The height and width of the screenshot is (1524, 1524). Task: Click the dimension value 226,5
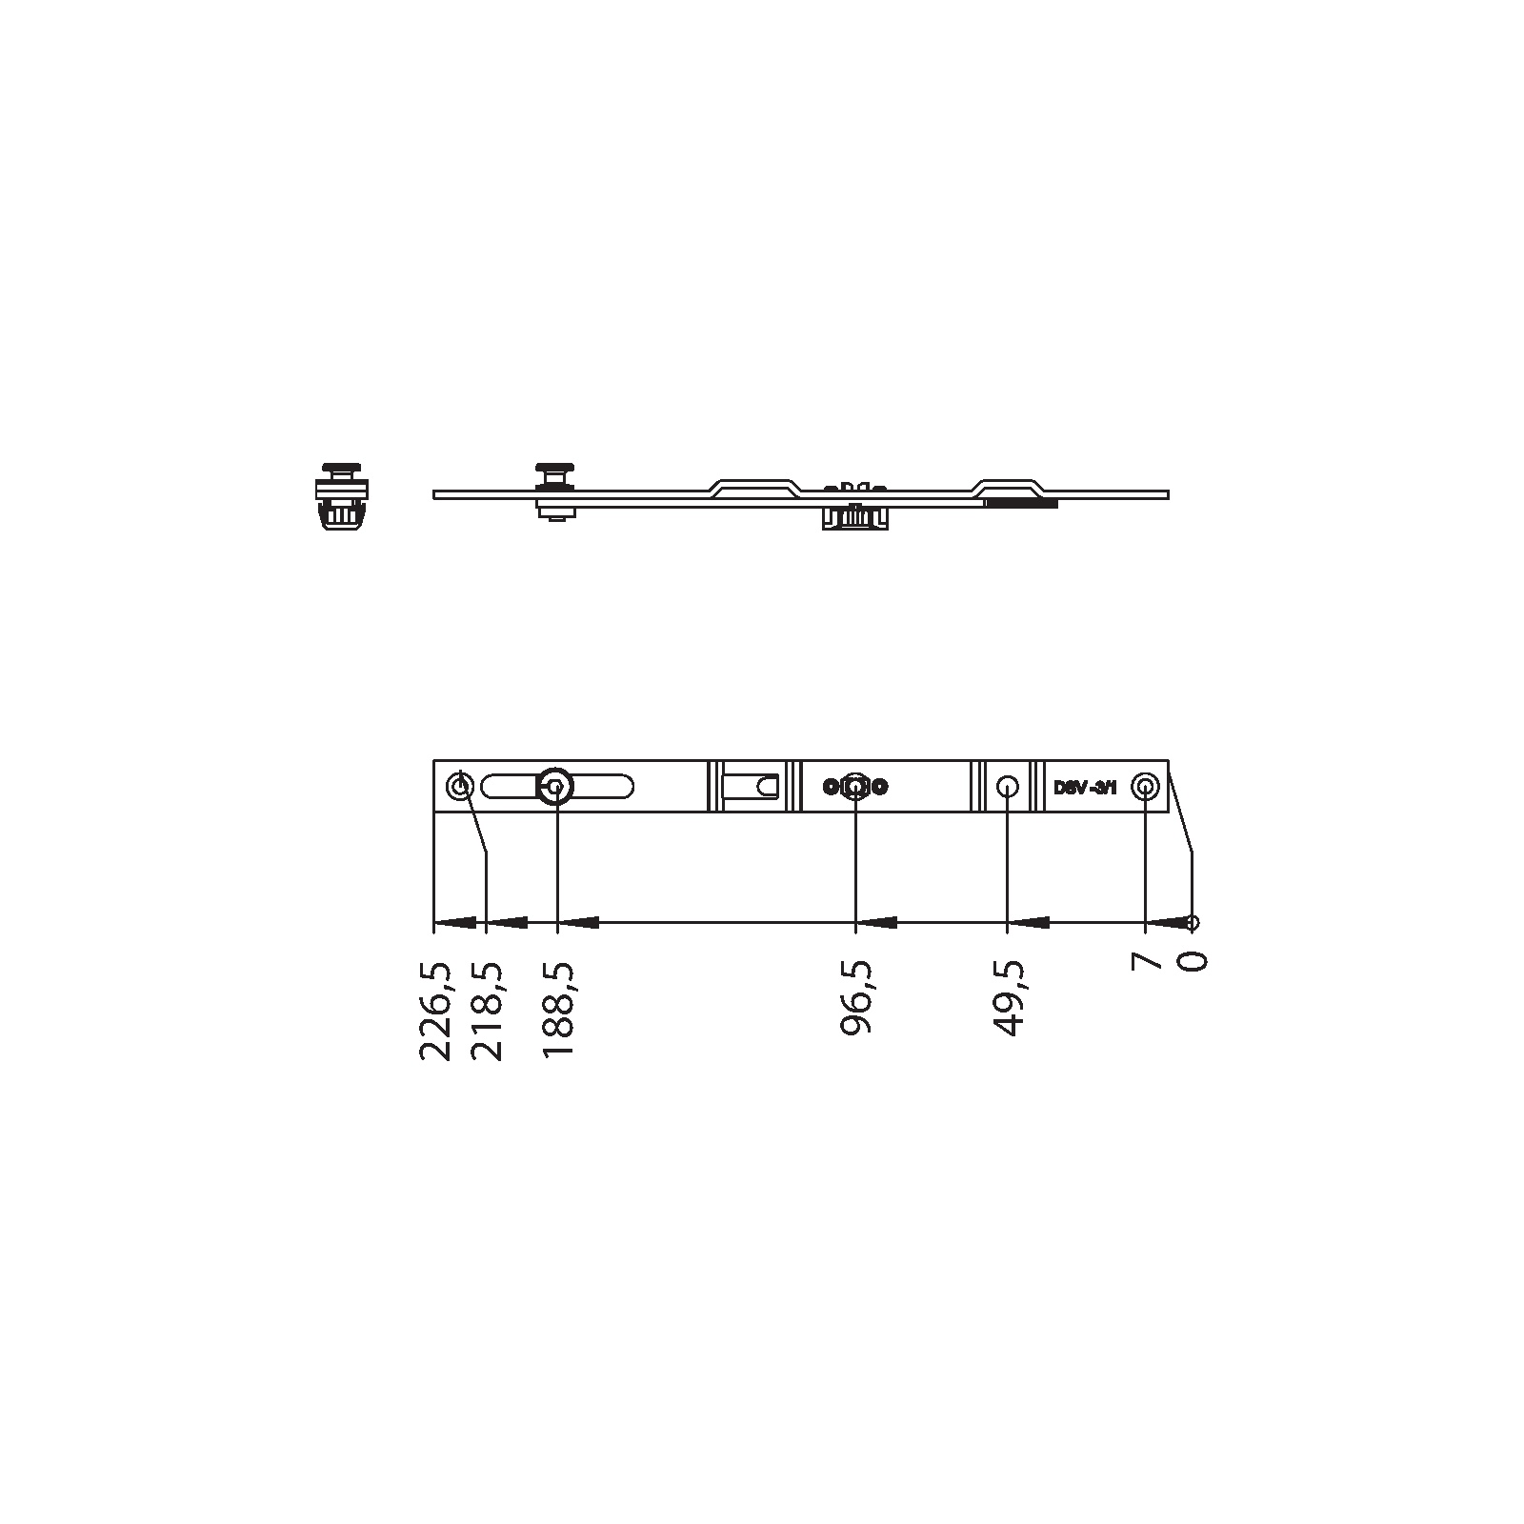(435, 1011)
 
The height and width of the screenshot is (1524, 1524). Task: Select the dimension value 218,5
(489, 1011)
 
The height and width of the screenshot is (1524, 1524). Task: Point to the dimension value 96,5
(856, 997)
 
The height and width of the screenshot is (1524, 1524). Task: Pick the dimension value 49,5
(1007, 997)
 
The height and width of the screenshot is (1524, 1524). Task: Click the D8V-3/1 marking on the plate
(1085, 788)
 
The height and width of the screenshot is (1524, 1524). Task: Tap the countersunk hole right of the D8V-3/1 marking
(1144, 787)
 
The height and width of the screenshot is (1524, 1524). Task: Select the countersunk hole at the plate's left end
(460, 787)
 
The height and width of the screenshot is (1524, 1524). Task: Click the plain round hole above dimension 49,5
(1007, 787)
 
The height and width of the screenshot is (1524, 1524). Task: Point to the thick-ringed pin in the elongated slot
(555, 787)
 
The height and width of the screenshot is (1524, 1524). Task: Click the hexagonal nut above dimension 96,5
(855, 787)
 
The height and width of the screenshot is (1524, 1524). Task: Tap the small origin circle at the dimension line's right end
(1193, 922)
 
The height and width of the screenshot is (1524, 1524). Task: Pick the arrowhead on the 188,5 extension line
(579, 922)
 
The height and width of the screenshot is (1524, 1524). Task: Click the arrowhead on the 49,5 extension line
(1029, 922)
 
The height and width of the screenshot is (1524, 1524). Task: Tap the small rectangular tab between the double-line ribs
(752, 787)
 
